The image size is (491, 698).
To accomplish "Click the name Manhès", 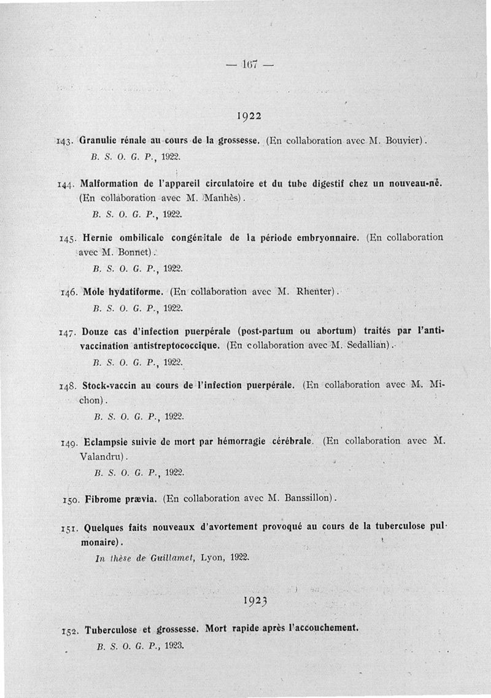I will coord(223,198).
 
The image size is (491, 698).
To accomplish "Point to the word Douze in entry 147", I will coord(96,332).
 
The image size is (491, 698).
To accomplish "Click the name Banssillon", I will coord(309,497).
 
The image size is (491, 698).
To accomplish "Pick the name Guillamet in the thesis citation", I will coord(168,557).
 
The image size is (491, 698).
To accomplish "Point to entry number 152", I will coord(69,631).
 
